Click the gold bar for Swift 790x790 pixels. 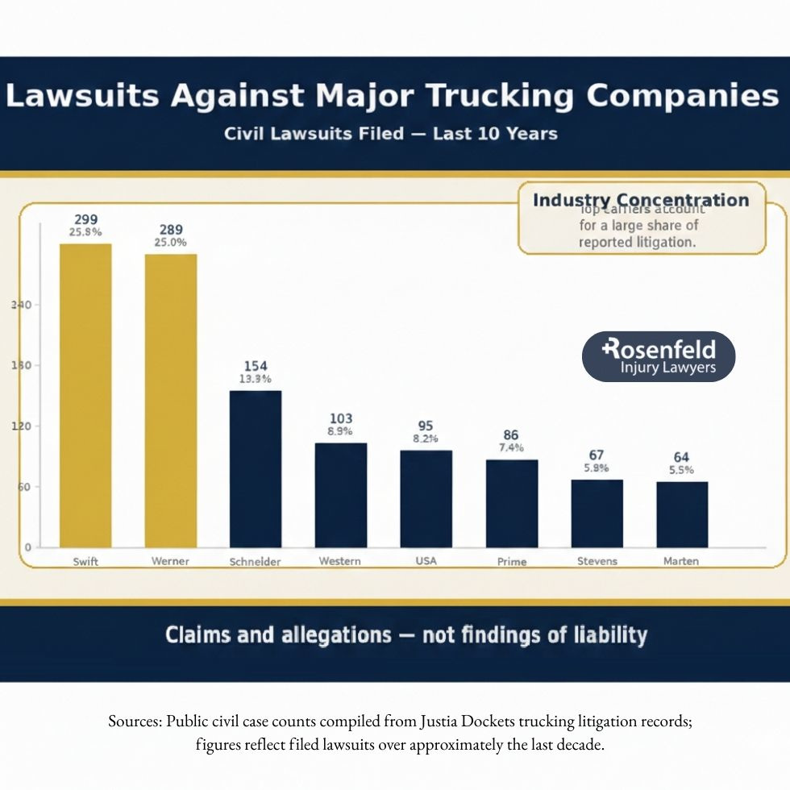[x=85, y=395]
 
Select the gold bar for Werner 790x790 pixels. [x=171, y=401]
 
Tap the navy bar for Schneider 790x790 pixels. [x=256, y=468]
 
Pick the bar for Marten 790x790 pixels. [x=682, y=514]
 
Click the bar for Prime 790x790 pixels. [x=511, y=503]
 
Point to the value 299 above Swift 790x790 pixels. [x=86, y=219]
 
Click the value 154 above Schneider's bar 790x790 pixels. [x=256, y=366]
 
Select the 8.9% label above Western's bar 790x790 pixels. [x=341, y=432]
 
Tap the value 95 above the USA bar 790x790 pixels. [x=426, y=425]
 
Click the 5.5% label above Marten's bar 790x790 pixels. [x=682, y=471]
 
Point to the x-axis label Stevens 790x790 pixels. [x=597, y=561]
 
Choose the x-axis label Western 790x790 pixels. [x=339, y=561]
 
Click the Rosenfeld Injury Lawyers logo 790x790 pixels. [x=659, y=356]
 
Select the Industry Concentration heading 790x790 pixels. [x=641, y=200]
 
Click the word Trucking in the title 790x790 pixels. [x=500, y=96]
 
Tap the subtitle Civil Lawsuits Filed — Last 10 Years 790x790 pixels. [x=391, y=133]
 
